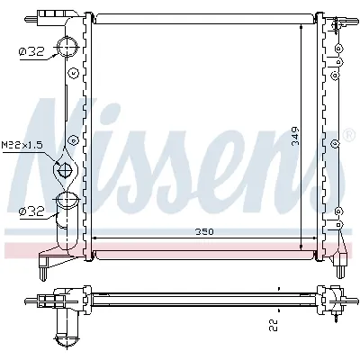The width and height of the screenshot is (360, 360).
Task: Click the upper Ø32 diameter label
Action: pos(31,52)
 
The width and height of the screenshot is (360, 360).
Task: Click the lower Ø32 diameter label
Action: pos(31,212)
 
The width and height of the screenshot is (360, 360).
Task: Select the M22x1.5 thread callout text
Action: pos(22,146)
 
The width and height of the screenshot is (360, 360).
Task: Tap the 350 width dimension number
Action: pos(204,231)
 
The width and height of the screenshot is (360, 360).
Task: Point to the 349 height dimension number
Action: pos(296,136)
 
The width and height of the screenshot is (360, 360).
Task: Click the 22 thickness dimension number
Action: pos(274,325)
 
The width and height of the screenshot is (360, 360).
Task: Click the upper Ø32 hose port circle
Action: pos(67,47)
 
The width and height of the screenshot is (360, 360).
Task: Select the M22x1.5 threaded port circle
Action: pos(65,170)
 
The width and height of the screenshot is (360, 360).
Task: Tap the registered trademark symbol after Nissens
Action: pos(348,135)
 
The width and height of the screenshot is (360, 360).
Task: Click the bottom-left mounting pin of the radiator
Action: pos(43,273)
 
